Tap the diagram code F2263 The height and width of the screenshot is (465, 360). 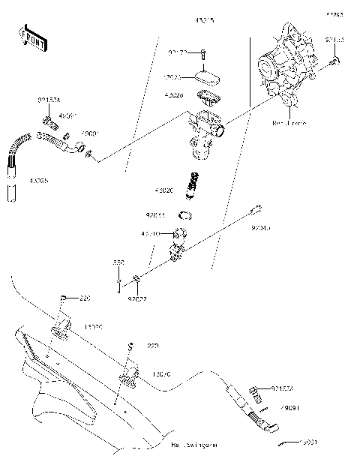pos(334,13)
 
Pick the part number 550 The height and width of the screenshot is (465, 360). pos(118,262)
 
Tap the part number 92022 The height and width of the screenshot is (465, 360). pos(136,298)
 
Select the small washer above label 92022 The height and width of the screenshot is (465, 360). pos(137,281)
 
